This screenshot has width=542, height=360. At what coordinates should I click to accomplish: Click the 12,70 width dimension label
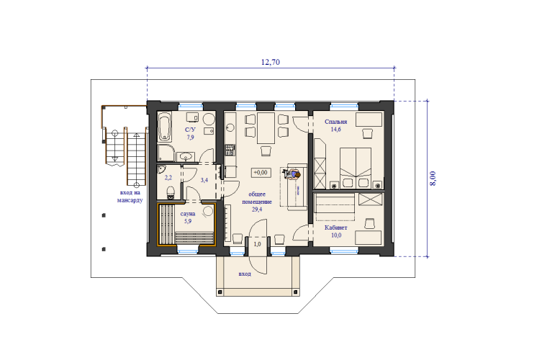coord(271,62)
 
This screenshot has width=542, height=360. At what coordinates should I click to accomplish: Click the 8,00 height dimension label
coord(433,179)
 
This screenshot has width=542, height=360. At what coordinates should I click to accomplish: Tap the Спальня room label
coord(335,122)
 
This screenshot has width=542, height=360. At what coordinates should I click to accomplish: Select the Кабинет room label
coord(335,228)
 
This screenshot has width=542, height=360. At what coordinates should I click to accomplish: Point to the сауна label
coord(188,214)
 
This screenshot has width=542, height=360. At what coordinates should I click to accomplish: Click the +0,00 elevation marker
coord(261,172)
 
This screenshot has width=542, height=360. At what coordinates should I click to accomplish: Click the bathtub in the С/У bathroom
coord(165,127)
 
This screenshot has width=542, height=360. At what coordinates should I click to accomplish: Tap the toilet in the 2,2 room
coord(171,193)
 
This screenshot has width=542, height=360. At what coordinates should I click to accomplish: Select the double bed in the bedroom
coord(356,168)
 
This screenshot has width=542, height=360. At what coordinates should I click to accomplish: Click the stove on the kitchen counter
coord(230,150)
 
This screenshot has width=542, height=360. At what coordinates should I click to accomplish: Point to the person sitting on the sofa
coord(292,175)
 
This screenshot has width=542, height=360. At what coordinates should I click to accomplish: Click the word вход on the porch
coord(245,274)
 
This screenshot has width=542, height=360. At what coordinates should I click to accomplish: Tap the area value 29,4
coord(257,210)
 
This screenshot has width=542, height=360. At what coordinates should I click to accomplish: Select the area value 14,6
coord(335,130)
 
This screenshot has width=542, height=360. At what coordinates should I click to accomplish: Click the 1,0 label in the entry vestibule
coord(257,244)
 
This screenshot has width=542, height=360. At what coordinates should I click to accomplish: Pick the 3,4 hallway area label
coord(204,180)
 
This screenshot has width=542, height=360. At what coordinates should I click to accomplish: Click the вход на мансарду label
coord(130,197)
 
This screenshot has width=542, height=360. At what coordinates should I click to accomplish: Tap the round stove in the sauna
coord(208,211)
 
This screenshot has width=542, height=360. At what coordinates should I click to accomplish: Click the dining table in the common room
coord(266,127)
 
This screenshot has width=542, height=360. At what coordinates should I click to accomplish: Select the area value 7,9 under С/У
coord(191,138)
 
